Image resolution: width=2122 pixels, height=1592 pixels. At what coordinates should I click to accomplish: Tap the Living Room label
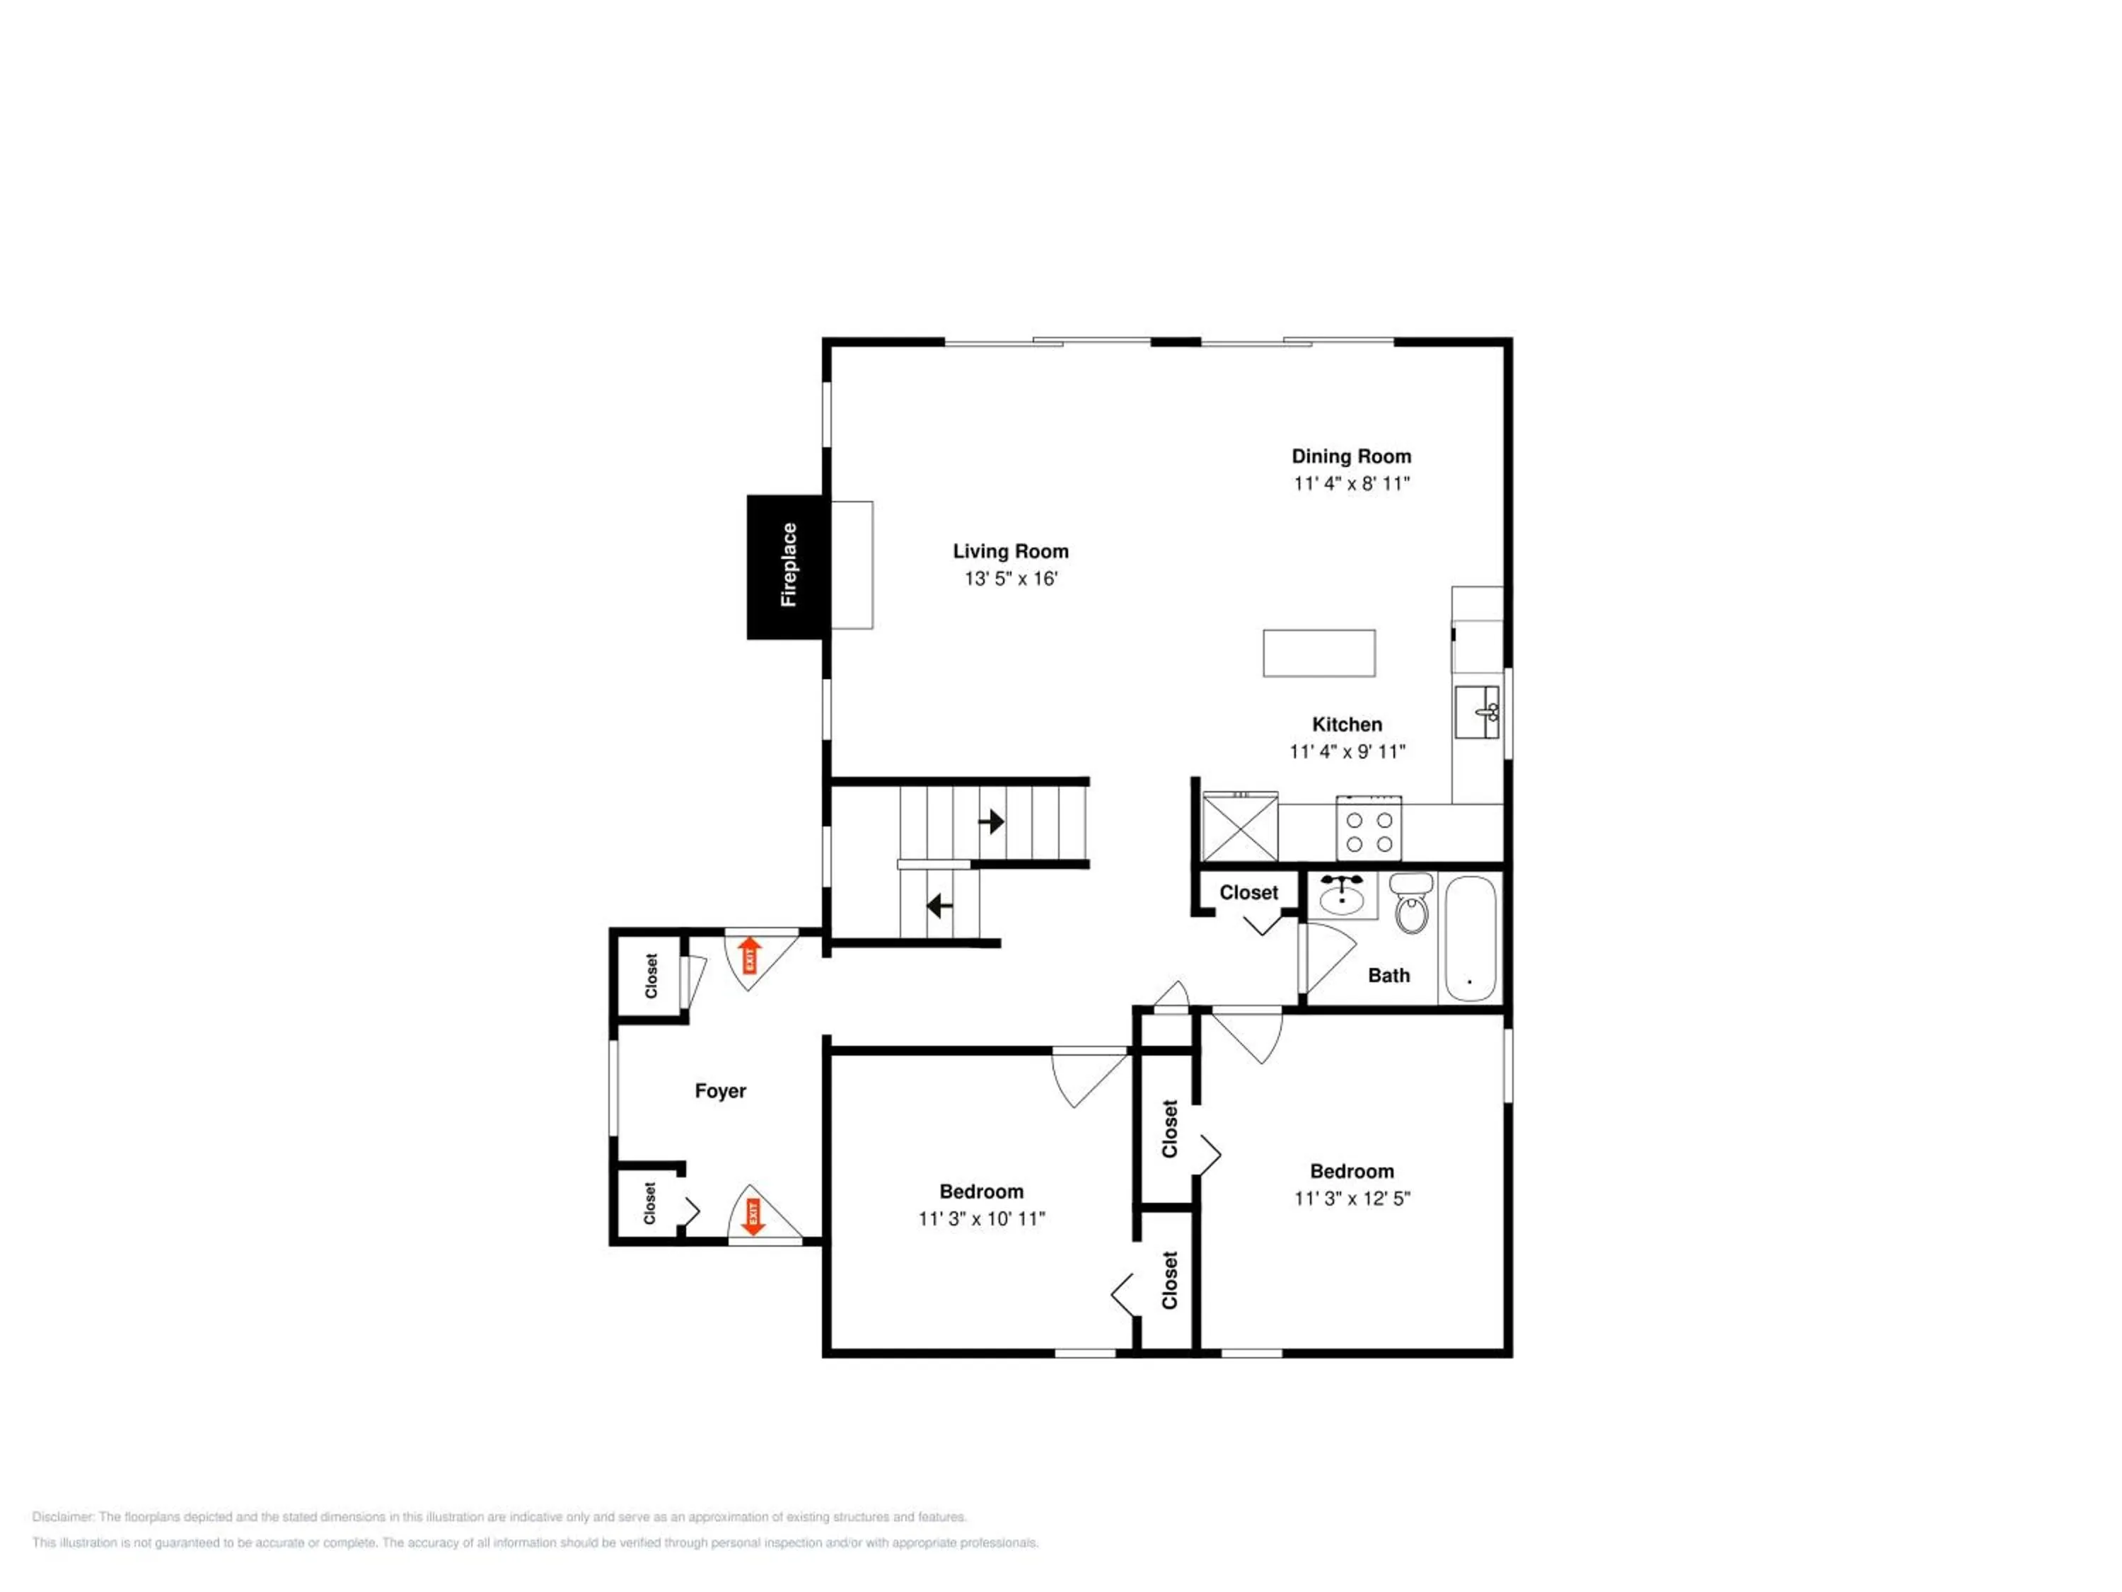pos(1010,552)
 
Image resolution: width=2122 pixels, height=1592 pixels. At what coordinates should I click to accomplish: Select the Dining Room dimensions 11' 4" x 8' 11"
pos(1352,484)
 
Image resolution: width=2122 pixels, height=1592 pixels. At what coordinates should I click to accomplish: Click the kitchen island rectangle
pos(1319,654)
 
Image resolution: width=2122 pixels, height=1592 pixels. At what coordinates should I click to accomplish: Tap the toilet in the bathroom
pos(1411,903)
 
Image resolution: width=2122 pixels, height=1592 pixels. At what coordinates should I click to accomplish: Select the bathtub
pos(1471,938)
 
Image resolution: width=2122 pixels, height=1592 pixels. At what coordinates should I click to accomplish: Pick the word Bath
pos(1389,976)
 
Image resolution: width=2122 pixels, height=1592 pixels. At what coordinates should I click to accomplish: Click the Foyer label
pos(721,1091)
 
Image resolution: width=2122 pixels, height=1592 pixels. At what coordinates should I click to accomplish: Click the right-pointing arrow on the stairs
pos(991,821)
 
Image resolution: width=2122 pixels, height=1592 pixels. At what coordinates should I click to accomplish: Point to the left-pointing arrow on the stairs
pos(939,906)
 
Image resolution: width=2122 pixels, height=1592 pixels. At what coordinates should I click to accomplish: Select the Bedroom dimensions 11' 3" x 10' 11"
pos(981,1218)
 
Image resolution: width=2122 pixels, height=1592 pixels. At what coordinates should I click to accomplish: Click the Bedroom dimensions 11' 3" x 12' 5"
pos(1352,1199)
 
